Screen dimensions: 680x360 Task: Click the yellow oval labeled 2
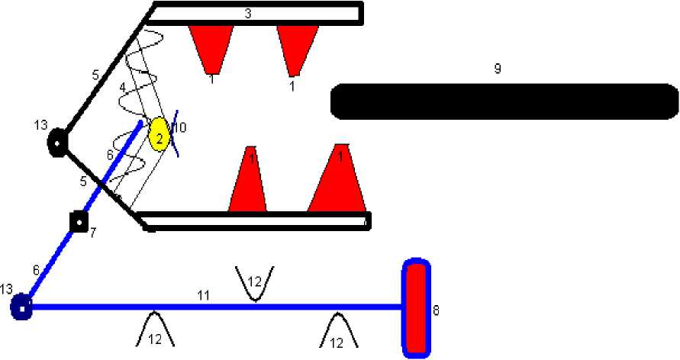click(159, 134)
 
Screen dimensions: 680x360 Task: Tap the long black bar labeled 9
click(504, 101)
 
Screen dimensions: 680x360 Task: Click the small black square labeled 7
click(78, 222)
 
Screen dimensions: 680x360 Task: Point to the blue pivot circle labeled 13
click(21, 307)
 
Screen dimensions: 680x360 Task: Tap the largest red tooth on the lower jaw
click(338, 182)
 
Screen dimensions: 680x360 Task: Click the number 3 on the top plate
click(248, 13)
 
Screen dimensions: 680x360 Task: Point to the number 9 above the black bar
click(498, 69)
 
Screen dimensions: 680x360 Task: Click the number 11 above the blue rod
click(204, 294)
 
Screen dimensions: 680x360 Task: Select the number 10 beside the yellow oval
click(179, 127)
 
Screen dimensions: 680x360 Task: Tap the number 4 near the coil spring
click(122, 88)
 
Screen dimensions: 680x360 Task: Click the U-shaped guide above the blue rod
click(254, 283)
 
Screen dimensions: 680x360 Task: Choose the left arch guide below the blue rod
click(153, 329)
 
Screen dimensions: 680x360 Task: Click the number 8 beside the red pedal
click(436, 310)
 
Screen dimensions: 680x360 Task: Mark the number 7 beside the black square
click(93, 233)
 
